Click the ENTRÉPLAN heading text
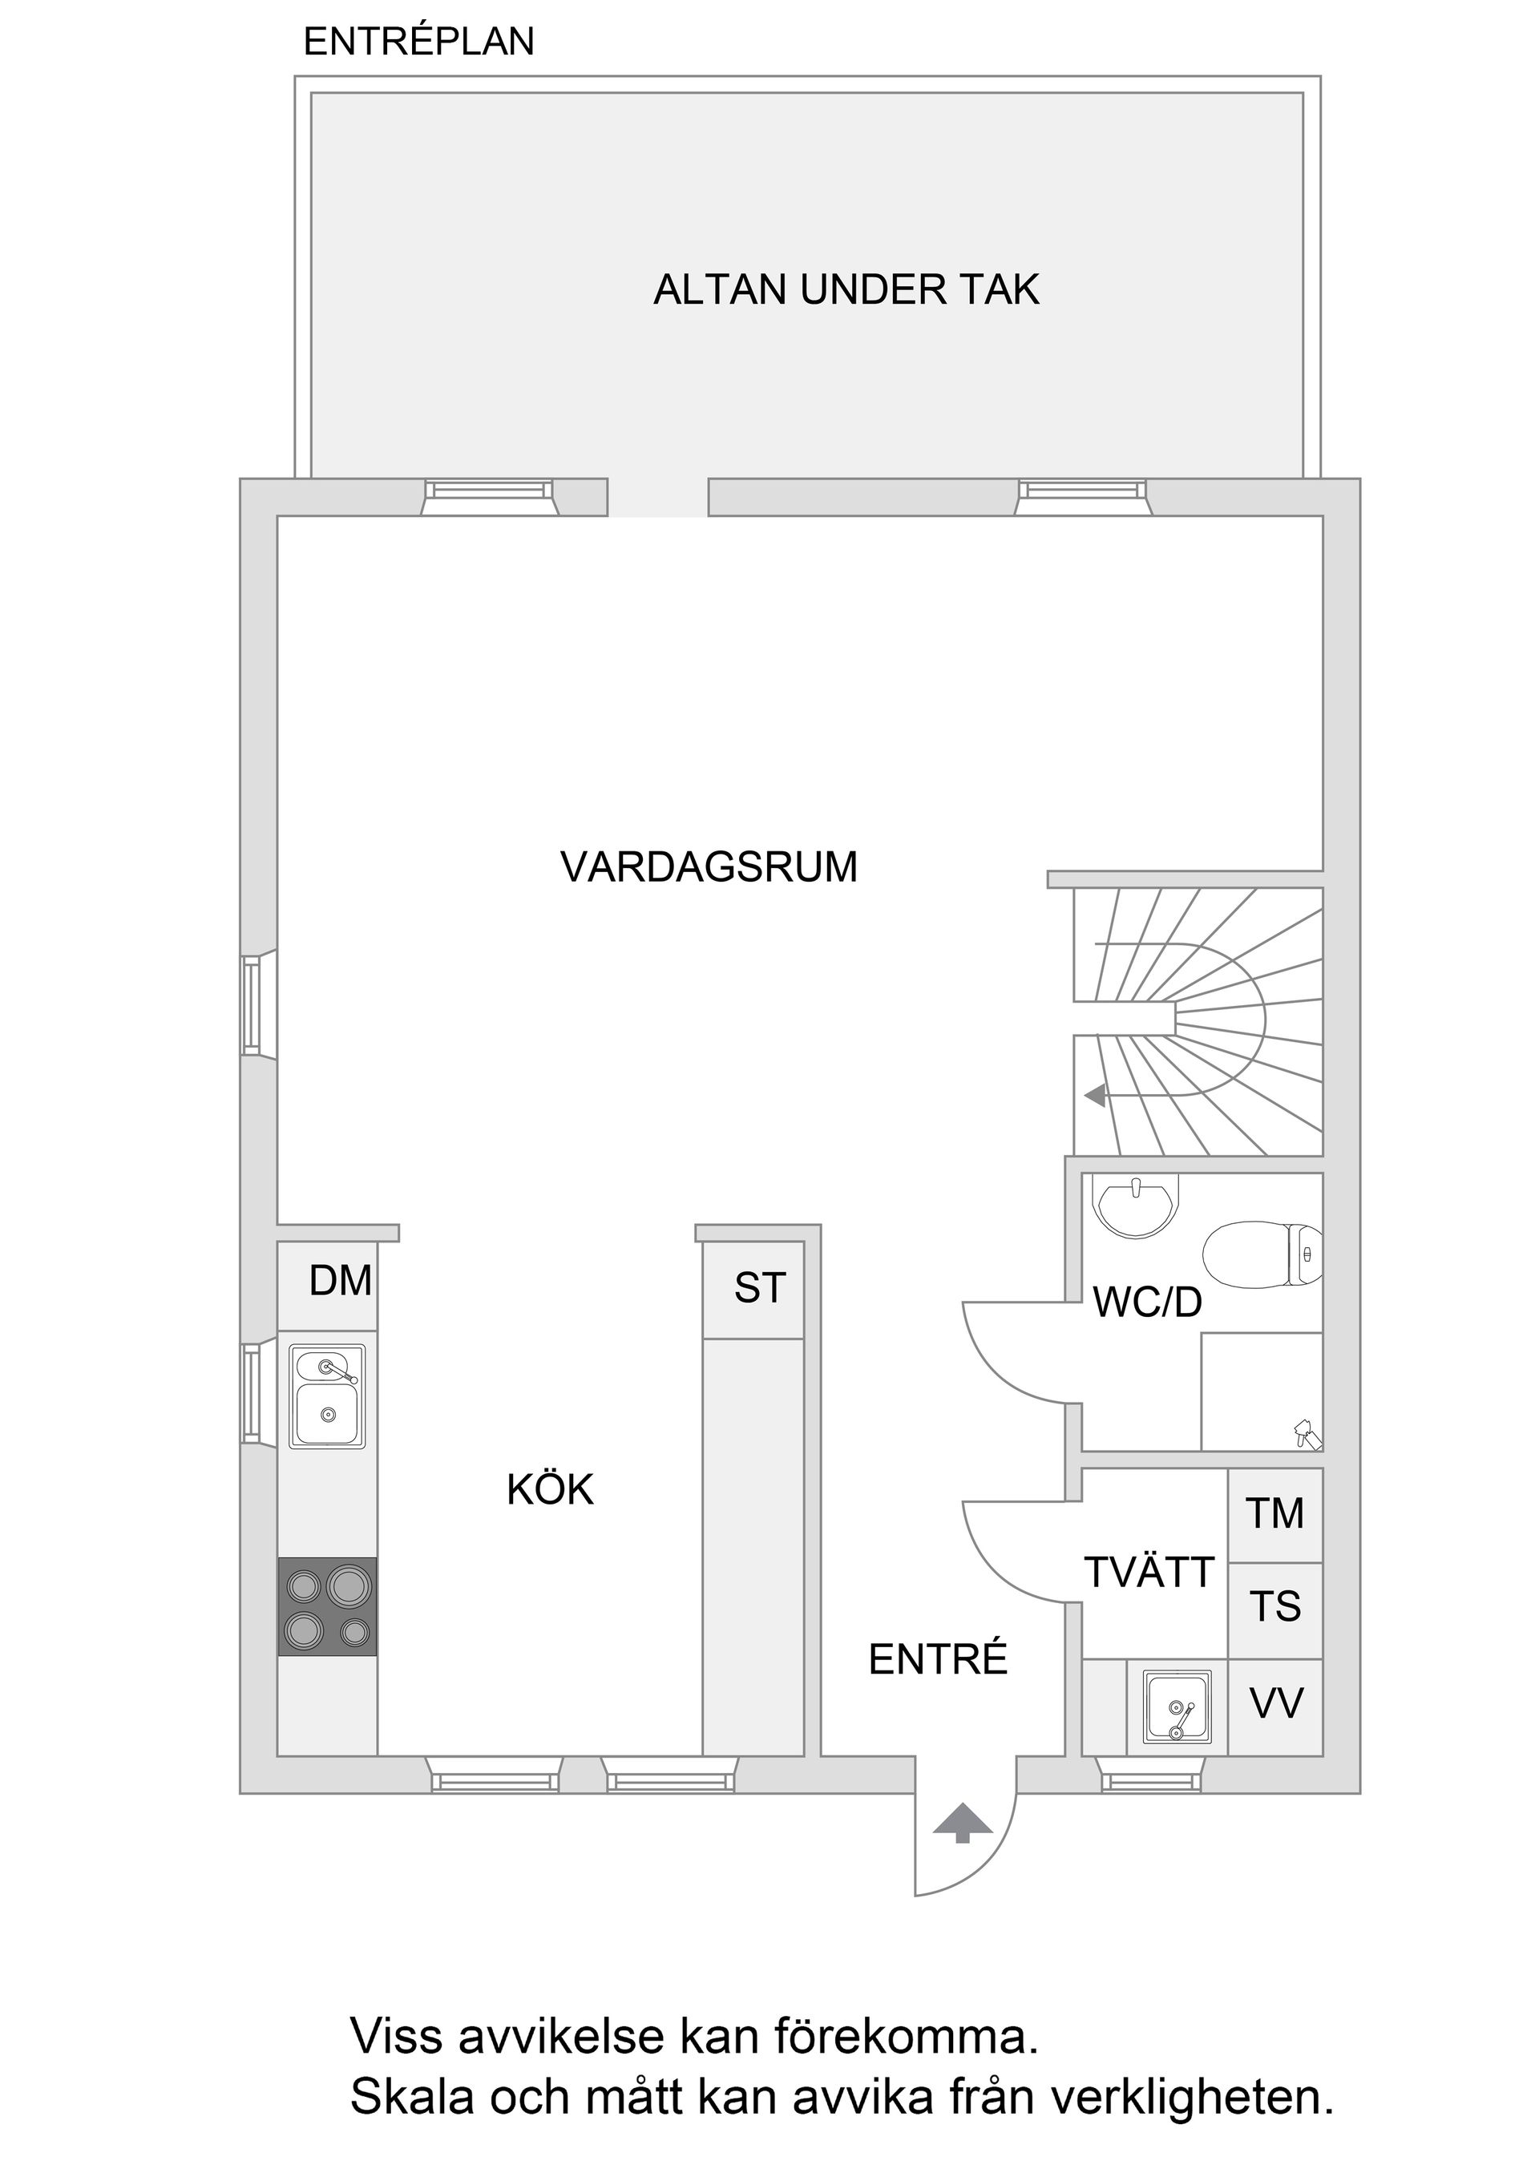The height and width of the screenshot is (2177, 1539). click(x=418, y=42)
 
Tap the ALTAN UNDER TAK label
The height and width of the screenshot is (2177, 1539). click(x=846, y=290)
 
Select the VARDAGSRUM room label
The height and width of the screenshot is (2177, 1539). click(x=709, y=867)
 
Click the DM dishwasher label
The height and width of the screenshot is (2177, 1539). click(x=341, y=1281)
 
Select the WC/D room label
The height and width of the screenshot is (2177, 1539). click(x=1147, y=1303)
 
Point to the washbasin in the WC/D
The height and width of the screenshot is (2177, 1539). click(x=1135, y=1206)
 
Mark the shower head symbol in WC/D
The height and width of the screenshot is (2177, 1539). click(x=1306, y=1432)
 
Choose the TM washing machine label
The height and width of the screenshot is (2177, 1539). click(x=1275, y=1514)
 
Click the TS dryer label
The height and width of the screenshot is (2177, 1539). click(x=1275, y=1607)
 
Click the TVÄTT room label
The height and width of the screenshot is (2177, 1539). click(x=1149, y=1573)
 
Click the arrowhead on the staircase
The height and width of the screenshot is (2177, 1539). click(x=1095, y=1096)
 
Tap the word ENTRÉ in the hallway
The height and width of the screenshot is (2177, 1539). click(x=938, y=1660)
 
